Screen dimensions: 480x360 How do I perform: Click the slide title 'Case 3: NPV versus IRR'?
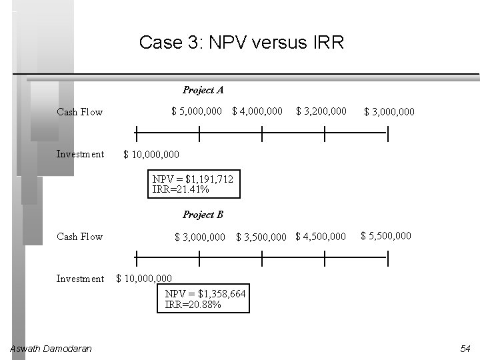[241, 43]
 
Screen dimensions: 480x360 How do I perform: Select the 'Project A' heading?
[203, 90]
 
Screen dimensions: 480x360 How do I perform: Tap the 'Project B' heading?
[203, 215]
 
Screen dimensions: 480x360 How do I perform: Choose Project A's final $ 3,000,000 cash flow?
[389, 112]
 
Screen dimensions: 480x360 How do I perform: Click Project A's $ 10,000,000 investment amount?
[151, 155]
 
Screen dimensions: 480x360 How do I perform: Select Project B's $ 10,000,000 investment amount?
[144, 279]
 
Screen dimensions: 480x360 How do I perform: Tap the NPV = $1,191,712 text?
[193, 179]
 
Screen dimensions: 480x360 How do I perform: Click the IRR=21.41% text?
[181, 189]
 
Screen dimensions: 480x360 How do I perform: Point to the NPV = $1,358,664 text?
[205, 294]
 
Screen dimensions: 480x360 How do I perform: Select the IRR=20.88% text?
[193, 305]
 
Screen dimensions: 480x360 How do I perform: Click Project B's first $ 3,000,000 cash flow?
[199, 237]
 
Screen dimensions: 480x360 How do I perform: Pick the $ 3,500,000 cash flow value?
[261, 237]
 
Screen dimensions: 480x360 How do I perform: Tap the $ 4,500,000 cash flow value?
[321, 236]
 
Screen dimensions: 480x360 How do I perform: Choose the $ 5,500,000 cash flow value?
[386, 235]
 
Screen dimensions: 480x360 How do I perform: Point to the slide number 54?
[465, 349]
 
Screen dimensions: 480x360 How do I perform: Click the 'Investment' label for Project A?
[80, 154]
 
